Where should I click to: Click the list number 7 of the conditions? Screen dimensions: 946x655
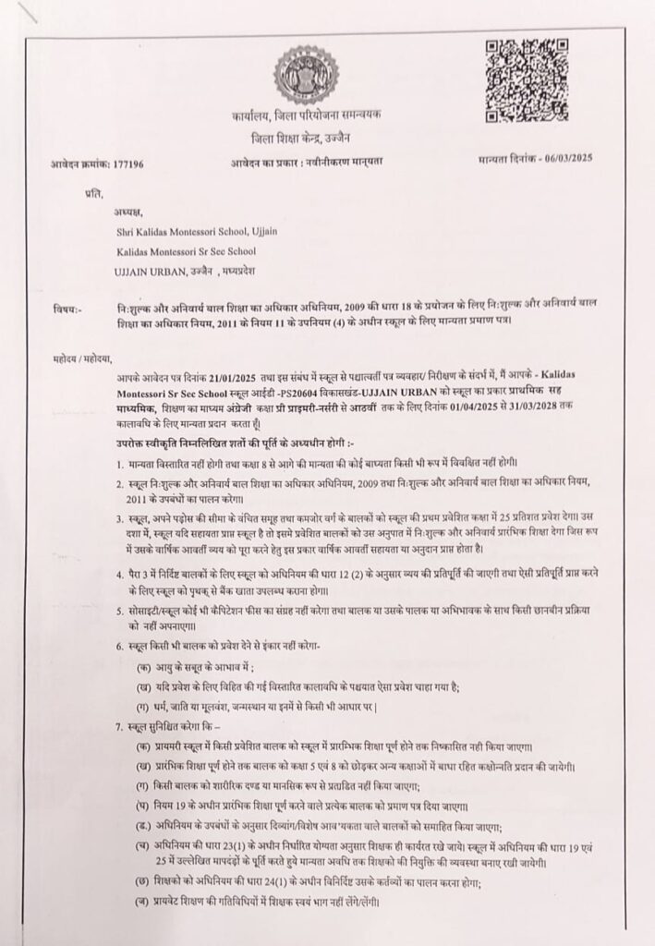point(120,728)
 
